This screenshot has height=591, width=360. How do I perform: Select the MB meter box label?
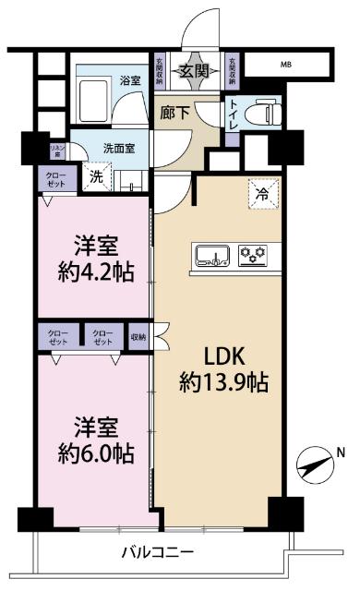pyautogui.click(x=289, y=66)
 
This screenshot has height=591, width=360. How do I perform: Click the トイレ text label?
pyautogui.click(x=234, y=113)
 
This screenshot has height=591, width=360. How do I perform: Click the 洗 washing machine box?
pyautogui.click(x=95, y=177)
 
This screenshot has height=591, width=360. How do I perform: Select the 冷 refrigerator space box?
pyautogui.click(x=262, y=195)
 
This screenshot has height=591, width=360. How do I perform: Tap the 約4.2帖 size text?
pyautogui.click(x=94, y=274)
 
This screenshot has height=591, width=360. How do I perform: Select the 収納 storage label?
pyautogui.click(x=138, y=336)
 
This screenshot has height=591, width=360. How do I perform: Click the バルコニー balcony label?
pyautogui.click(x=158, y=553)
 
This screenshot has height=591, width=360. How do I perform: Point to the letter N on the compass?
pyautogui.click(x=341, y=452)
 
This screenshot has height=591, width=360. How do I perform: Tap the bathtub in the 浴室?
pyautogui.click(x=95, y=97)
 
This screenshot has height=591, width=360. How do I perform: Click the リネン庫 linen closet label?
pyautogui.click(x=30, y=151)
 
